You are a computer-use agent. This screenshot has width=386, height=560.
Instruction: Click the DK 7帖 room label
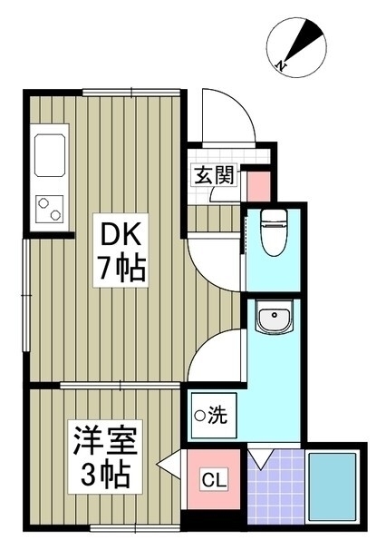(x=121, y=251)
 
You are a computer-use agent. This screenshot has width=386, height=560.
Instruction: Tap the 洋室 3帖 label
(x=105, y=457)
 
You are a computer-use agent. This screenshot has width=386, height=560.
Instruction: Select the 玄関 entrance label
(x=215, y=175)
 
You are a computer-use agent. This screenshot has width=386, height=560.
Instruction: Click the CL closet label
(x=214, y=479)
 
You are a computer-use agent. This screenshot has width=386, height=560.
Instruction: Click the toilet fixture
(x=274, y=232)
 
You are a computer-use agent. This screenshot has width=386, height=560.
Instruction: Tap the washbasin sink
(x=275, y=317)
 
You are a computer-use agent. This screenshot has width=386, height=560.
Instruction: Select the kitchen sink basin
(x=50, y=155)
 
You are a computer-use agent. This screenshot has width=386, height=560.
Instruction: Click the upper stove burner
(x=43, y=203)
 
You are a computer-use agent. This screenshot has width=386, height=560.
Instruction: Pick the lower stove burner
(x=55, y=215)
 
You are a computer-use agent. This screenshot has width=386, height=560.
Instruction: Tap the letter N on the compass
(x=282, y=65)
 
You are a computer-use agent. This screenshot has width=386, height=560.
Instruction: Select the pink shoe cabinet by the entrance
(x=259, y=186)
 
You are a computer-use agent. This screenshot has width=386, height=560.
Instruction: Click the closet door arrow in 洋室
(x=169, y=464)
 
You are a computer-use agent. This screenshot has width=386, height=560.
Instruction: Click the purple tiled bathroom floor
(x=275, y=486)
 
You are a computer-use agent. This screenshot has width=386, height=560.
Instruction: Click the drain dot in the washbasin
(x=274, y=315)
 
